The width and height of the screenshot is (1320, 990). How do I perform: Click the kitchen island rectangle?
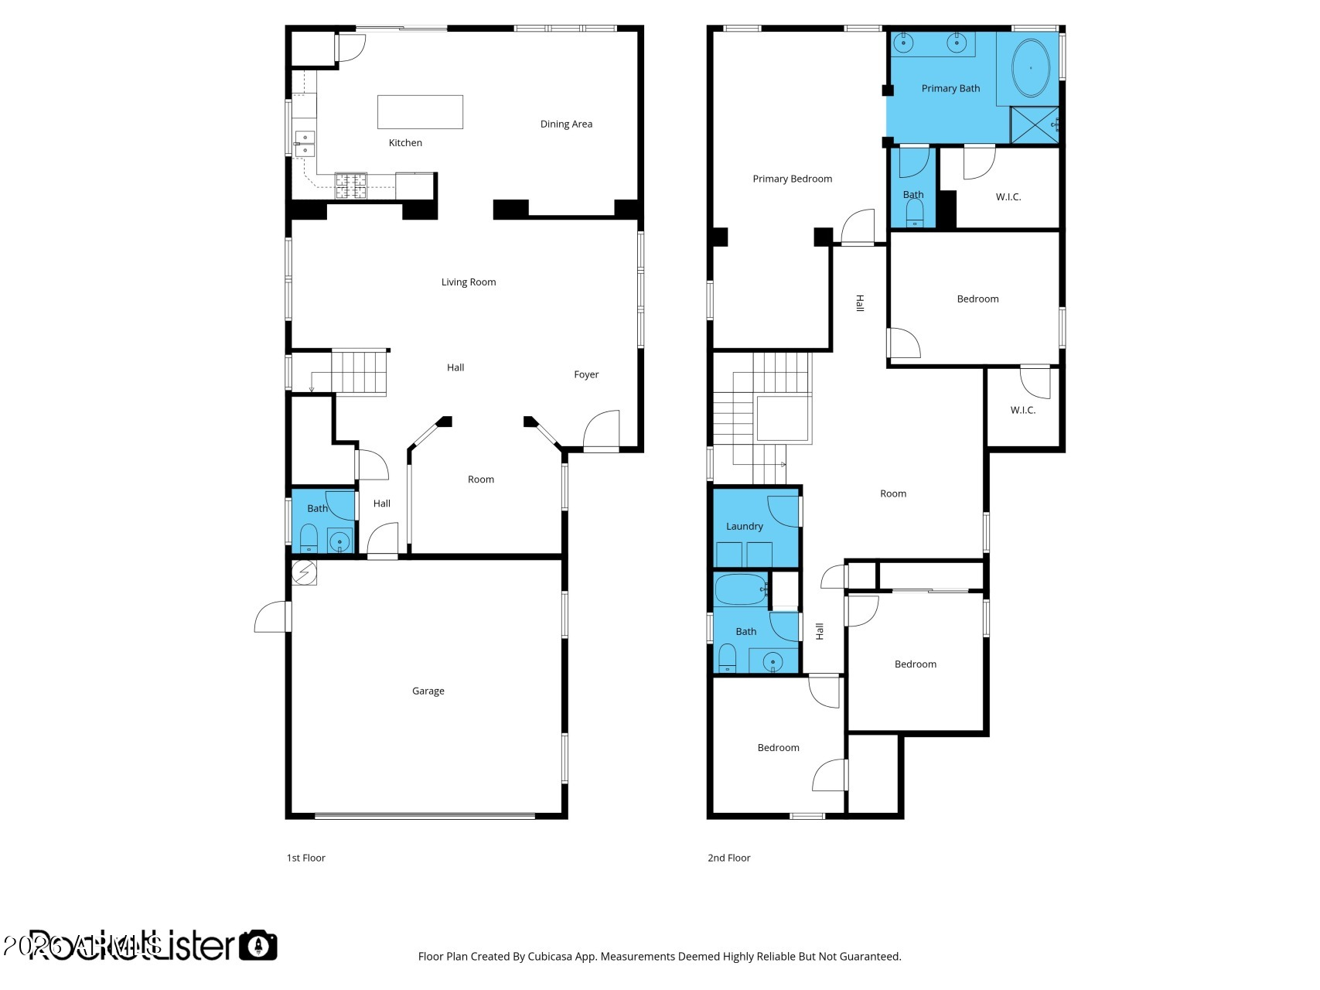point(420,111)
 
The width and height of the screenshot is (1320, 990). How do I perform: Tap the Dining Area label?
point(566,124)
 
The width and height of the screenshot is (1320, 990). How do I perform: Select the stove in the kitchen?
point(350,186)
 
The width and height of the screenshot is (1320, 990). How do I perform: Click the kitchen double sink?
point(305,144)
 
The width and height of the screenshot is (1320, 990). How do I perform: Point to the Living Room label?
point(469,282)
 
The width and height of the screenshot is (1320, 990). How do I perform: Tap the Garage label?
point(428,691)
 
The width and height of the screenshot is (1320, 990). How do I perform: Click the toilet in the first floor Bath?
point(309,538)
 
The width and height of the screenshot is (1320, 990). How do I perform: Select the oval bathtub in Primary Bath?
point(1031,68)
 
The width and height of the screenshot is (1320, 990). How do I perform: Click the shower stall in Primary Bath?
point(1034,125)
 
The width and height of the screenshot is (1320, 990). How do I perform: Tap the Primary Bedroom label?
point(792,179)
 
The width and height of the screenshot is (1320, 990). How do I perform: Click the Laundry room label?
point(744,527)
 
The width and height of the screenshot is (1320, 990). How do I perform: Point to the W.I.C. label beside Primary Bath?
point(1008,197)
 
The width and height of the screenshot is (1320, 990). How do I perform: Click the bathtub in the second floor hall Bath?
point(740,590)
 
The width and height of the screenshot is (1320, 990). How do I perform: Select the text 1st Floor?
point(305,858)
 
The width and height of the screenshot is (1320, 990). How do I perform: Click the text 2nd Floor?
point(728,858)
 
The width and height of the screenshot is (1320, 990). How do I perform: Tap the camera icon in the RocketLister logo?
point(258,945)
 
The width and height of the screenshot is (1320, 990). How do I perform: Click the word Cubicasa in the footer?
point(548,957)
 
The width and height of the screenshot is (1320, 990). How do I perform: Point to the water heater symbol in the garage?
point(304,572)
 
